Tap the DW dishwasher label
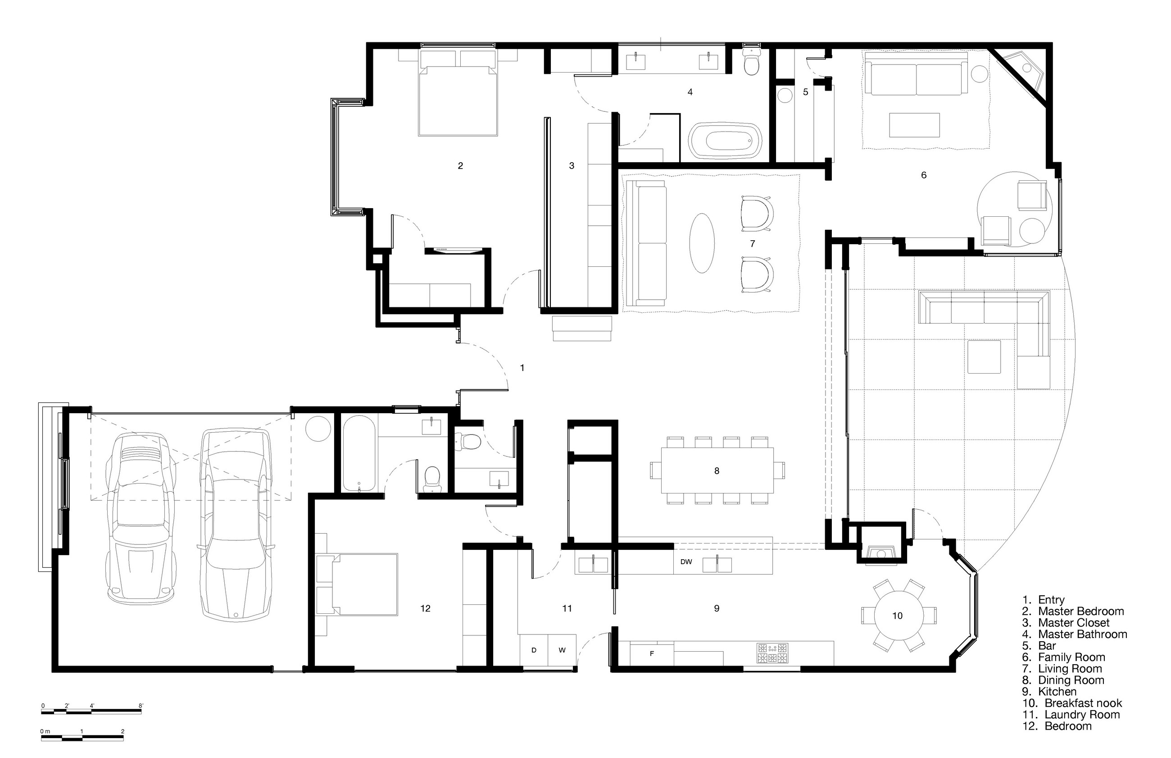tap(685, 562)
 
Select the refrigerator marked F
tap(652, 653)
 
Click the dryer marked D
tap(534, 650)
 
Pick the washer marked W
tap(562, 650)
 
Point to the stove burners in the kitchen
tap(772, 653)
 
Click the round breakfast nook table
tap(898, 615)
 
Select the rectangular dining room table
tap(717, 470)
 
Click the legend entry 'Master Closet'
tap(1074, 623)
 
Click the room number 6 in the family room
tap(924, 175)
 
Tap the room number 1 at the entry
tap(522, 368)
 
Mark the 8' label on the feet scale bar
tap(141, 705)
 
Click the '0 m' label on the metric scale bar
tap(45, 731)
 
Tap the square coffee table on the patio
tap(984, 356)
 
